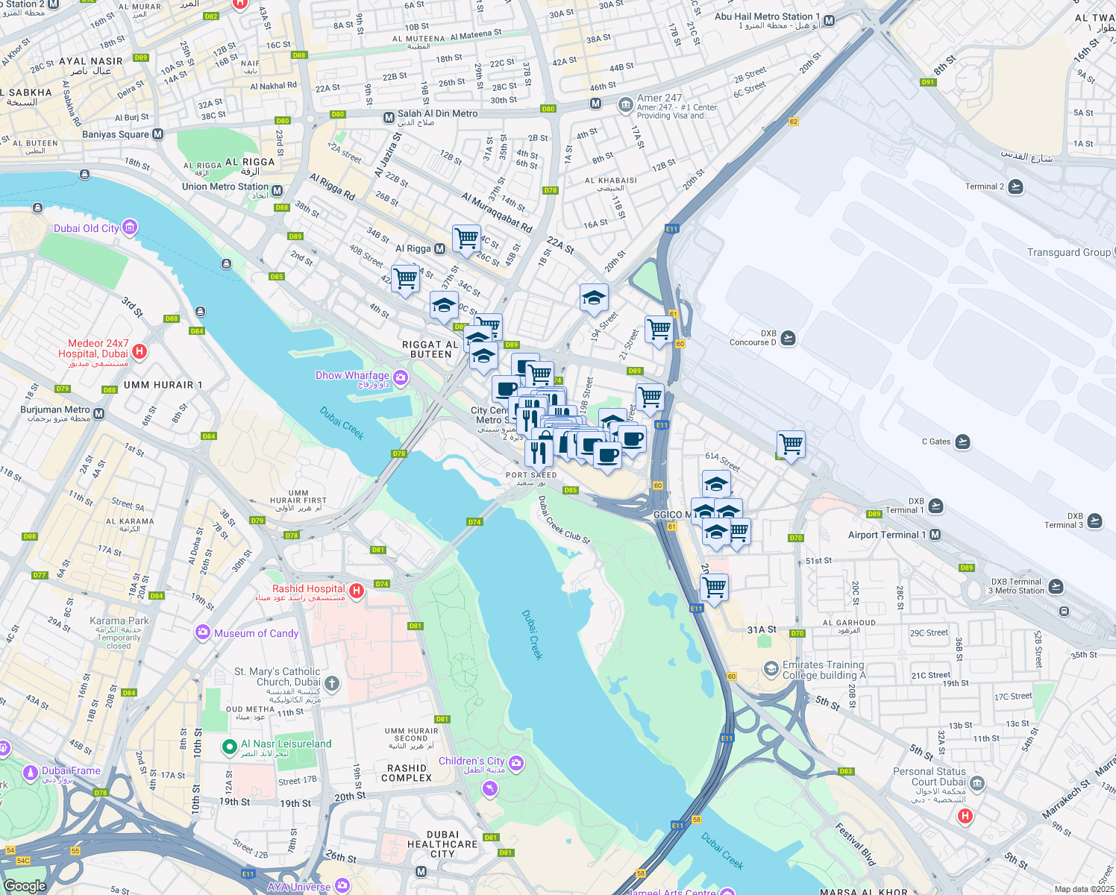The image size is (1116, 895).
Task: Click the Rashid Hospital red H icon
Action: pos(357,591)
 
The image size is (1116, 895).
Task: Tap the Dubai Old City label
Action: pos(87,228)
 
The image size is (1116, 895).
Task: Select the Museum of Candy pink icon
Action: pos(202,632)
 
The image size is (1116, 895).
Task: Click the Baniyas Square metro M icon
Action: pos(157,134)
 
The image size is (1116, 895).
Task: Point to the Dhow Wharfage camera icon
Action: pos(401,378)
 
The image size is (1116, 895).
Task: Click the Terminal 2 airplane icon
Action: pos(1015,186)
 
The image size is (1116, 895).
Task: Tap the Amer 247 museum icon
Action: pos(625,106)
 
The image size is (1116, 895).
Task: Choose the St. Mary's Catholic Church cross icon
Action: pos(332,682)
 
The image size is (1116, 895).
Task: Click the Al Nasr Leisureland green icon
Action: pos(230,746)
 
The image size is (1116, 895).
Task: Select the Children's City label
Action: pos(471,761)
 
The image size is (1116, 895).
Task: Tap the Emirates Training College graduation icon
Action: pos(771,669)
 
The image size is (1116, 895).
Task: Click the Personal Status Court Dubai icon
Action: pos(977,783)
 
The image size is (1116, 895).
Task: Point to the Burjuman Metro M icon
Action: pos(98,413)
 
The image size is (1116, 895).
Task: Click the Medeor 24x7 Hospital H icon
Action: pos(139,351)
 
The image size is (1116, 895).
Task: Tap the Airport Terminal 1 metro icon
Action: pos(935,535)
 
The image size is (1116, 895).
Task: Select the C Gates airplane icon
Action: pos(962,442)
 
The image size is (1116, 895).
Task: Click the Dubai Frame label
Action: pos(71,770)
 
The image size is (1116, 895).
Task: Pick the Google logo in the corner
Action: pos(25,885)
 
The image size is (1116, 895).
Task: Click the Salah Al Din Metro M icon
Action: pos(388,118)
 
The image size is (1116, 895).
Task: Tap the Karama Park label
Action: pos(119,621)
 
